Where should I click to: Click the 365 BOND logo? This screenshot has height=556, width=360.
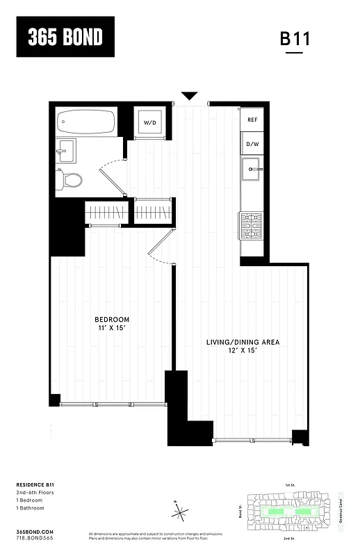65,38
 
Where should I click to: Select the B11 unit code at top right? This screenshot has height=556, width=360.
295,38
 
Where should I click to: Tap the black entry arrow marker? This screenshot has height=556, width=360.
189,96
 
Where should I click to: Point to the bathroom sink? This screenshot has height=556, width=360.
67,149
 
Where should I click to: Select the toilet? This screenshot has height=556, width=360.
70,181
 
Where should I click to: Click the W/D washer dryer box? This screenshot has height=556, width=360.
150,123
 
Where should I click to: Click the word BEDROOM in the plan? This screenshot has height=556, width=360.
111,320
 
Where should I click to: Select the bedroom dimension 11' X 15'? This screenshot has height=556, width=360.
111,329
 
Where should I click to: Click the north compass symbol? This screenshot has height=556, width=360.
181,514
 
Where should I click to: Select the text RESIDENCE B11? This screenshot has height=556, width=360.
35,484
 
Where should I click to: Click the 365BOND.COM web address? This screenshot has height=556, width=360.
35,531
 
